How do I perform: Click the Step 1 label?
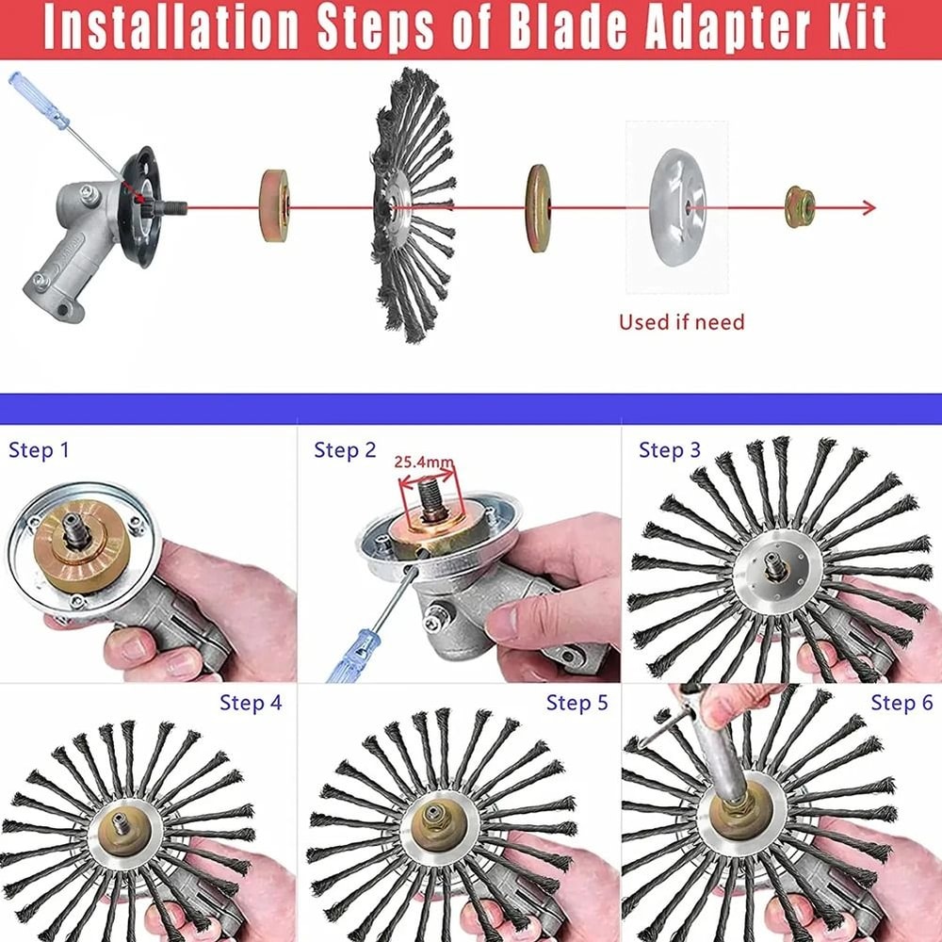point(39,450)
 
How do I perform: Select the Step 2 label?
point(345,450)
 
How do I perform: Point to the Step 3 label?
point(670,450)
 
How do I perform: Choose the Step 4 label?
point(251,703)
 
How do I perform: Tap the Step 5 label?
point(577,703)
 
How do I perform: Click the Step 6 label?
point(901,703)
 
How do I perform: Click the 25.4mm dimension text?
point(424,463)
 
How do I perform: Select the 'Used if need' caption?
point(681,322)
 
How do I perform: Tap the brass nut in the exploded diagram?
point(800,207)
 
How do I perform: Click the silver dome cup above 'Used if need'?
point(677,206)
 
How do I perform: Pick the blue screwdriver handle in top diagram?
point(38,99)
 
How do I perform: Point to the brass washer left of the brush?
point(275,205)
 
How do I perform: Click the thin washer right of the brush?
point(538,208)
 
